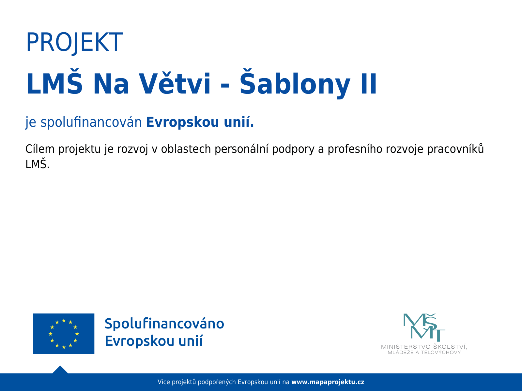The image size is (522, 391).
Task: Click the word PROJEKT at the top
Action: [x=74, y=42]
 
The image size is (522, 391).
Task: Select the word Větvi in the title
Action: [x=175, y=83]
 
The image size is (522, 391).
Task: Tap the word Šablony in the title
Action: [x=295, y=83]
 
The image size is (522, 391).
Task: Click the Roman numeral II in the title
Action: [x=369, y=84]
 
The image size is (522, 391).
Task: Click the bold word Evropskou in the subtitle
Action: [x=183, y=122]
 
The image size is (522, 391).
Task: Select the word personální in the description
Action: [x=242, y=149]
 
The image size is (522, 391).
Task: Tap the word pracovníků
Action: [x=455, y=149]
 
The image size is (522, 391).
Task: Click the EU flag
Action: [x=64, y=334]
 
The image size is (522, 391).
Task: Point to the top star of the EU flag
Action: [x=64, y=321]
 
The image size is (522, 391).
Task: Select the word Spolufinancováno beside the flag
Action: [x=164, y=324]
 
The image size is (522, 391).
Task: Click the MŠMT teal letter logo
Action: [x=424, y=327]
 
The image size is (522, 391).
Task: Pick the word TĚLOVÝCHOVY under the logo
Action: [x=441, y=352]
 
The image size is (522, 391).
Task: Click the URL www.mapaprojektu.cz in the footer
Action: [x=328, y=382]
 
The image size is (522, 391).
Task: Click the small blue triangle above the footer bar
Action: [x=60, y=369]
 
